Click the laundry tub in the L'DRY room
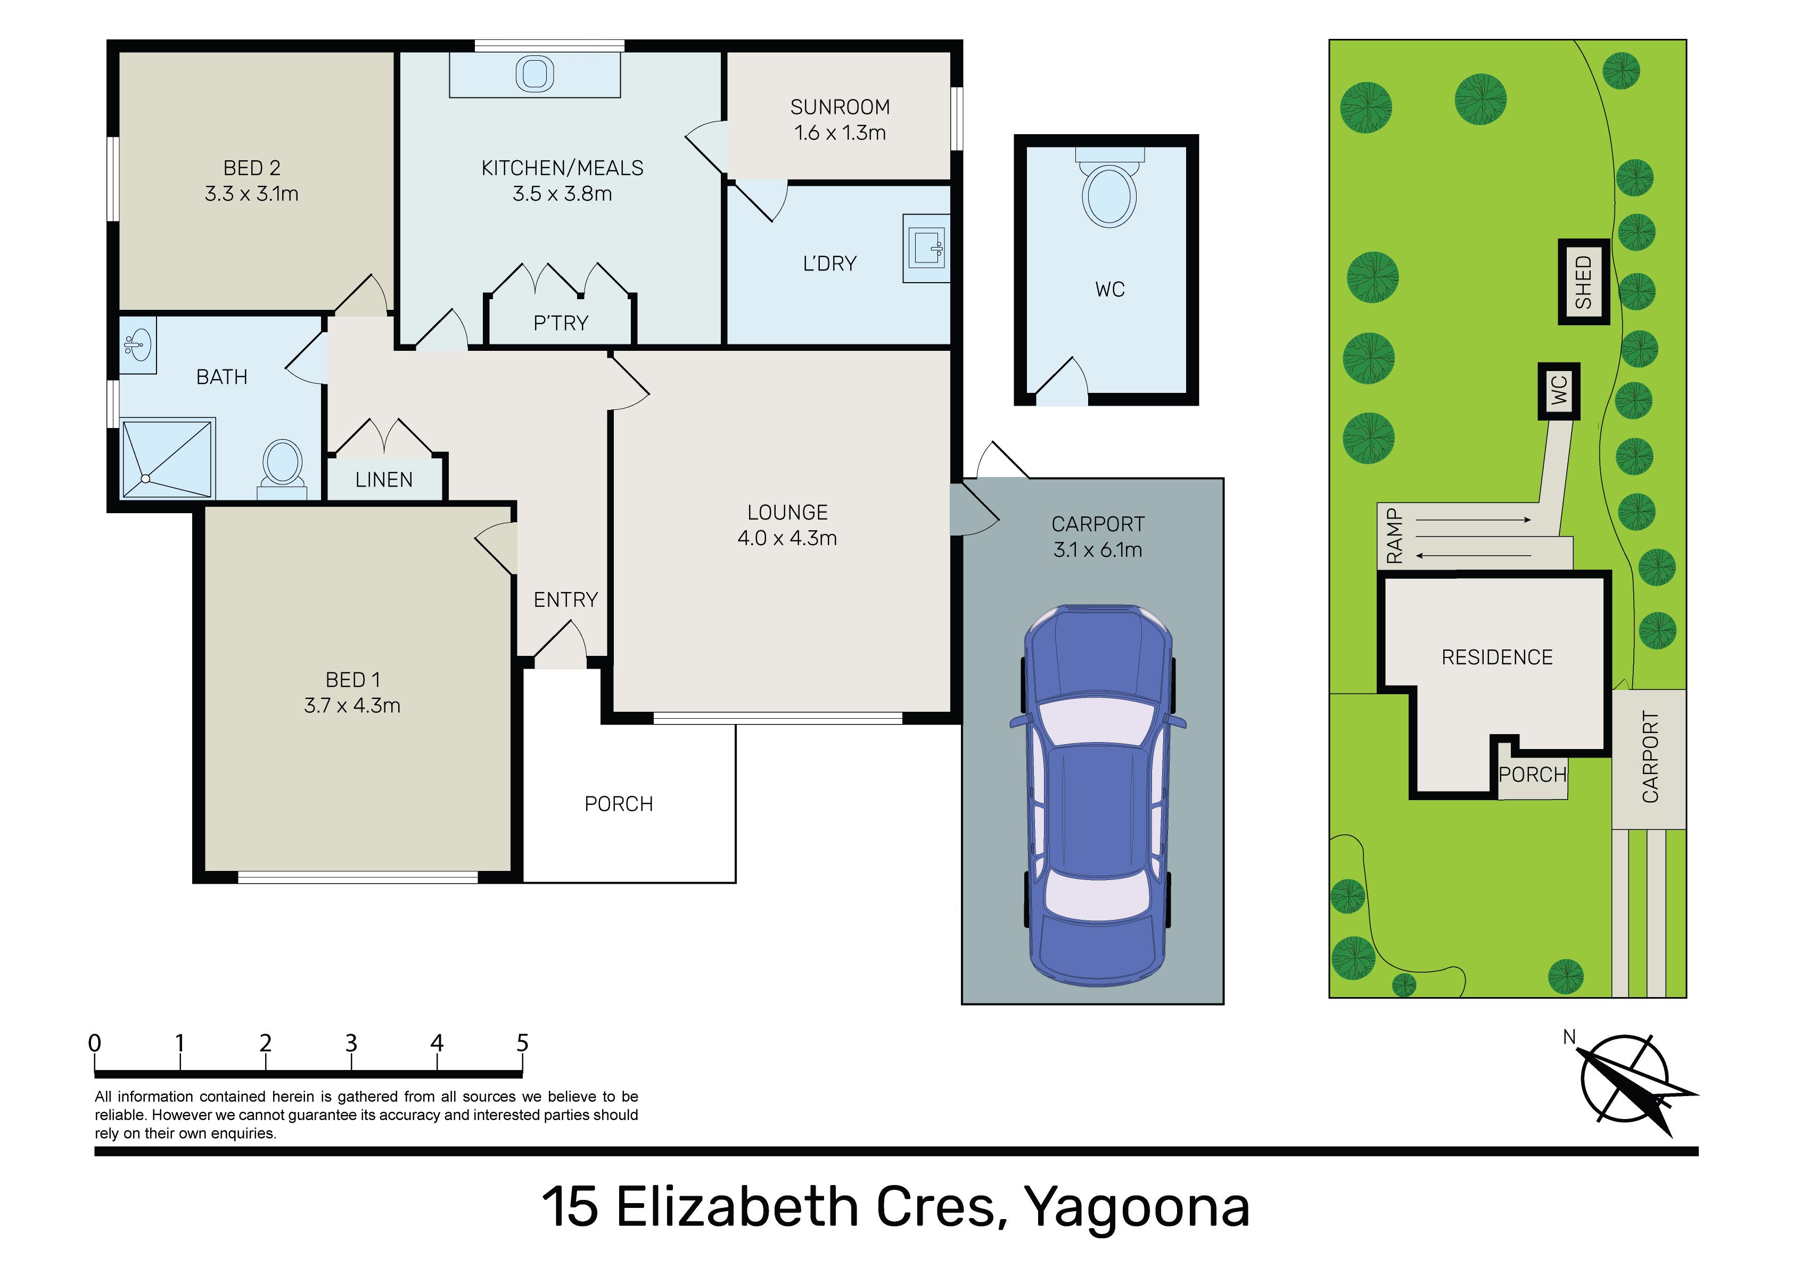[x=927, y=249]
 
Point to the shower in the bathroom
[x=168, y=458]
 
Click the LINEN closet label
[x=384, y=480]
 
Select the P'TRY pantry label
[x=561, y=323]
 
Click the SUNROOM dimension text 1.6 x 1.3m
[x=840, y=133]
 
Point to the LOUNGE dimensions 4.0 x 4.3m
[x=787, y=538]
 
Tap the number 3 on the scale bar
[x=351, y=1043]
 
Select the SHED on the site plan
[x=1584, y=282]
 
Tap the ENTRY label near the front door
[x=565, y=600]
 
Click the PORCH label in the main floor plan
[x=619, y=804]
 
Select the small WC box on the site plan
[x=1559, y=391]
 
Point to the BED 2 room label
[x=251, y=168]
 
